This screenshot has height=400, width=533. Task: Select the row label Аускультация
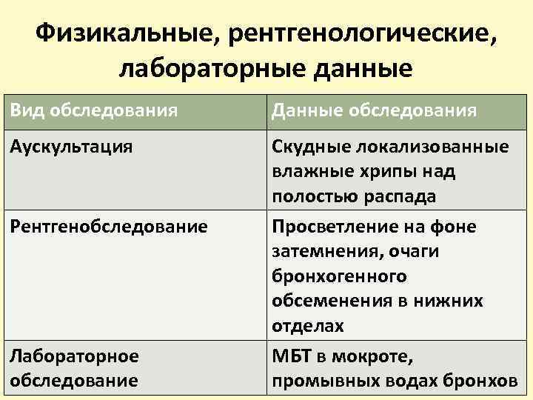(x=72, y=147)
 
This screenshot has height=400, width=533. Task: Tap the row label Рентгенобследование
(x=109, y=226)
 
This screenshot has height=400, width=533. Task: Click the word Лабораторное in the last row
(x=74, y=356)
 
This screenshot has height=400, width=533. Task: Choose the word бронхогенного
(x=339, y=276)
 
